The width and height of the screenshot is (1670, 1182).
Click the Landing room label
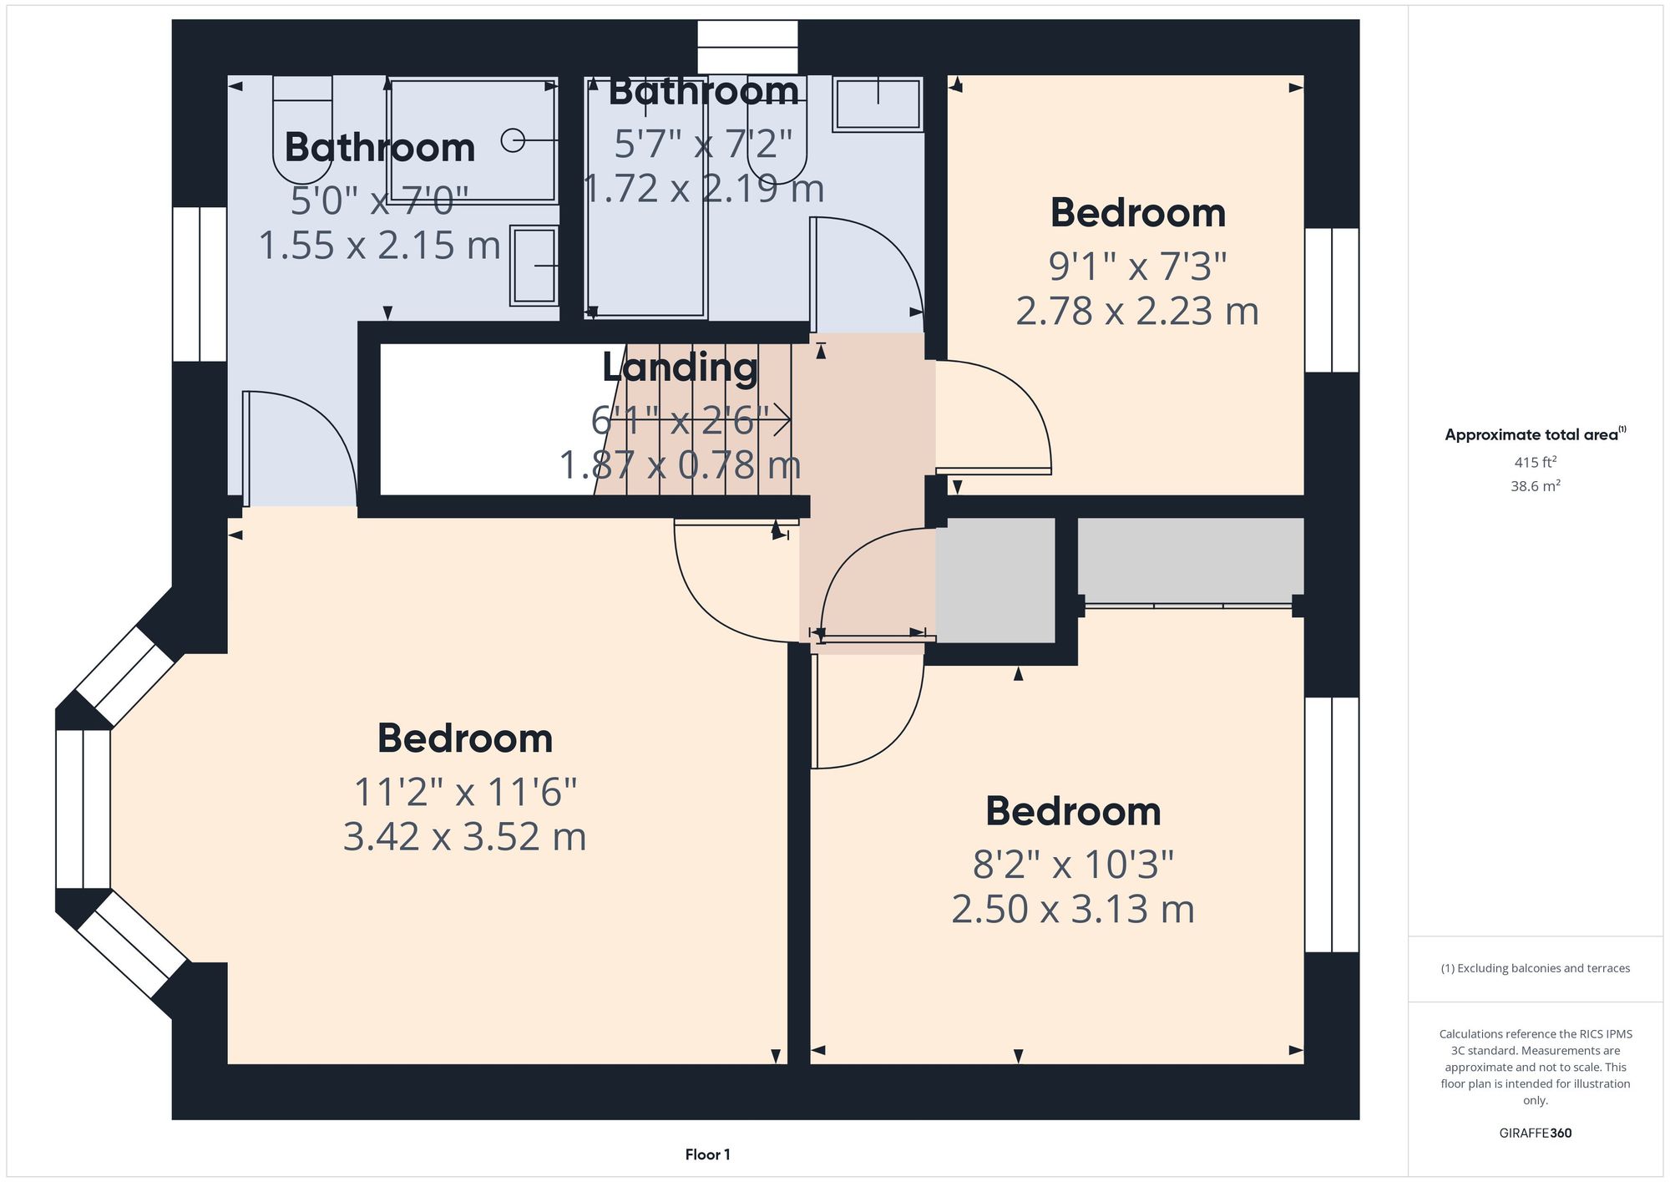pos(680,368)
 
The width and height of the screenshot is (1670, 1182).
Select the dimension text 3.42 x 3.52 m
pos(464,837)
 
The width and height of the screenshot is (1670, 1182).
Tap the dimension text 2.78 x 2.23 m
pos(1137,312)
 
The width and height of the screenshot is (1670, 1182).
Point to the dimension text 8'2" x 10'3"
pos(1073,865)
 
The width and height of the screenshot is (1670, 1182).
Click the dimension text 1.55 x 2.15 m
pos(379,246)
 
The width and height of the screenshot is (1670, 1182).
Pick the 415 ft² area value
pos(1535,462)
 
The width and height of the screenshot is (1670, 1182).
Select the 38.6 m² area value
pos(1535,486)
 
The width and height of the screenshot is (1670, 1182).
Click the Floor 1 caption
pos(707,1154)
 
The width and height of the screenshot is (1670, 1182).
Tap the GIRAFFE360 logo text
pos(1535,1134)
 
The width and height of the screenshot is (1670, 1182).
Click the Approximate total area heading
pos(1535,434)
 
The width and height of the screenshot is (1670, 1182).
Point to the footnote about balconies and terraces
pos(1535,968)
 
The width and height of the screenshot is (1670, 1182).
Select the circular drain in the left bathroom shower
pos(512,140)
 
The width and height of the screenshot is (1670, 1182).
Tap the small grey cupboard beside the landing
pos(994,580)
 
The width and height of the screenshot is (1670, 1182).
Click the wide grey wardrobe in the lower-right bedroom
pos(1190,559)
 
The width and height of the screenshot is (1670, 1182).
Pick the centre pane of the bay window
pos(83,809)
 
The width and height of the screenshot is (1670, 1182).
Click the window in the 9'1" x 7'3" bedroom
pos(1332,300)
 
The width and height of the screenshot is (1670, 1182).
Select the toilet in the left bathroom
pos(302,129)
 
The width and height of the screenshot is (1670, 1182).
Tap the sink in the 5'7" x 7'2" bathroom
pos(878,104)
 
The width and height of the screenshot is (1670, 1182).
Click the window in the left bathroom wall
pos(200,284)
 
